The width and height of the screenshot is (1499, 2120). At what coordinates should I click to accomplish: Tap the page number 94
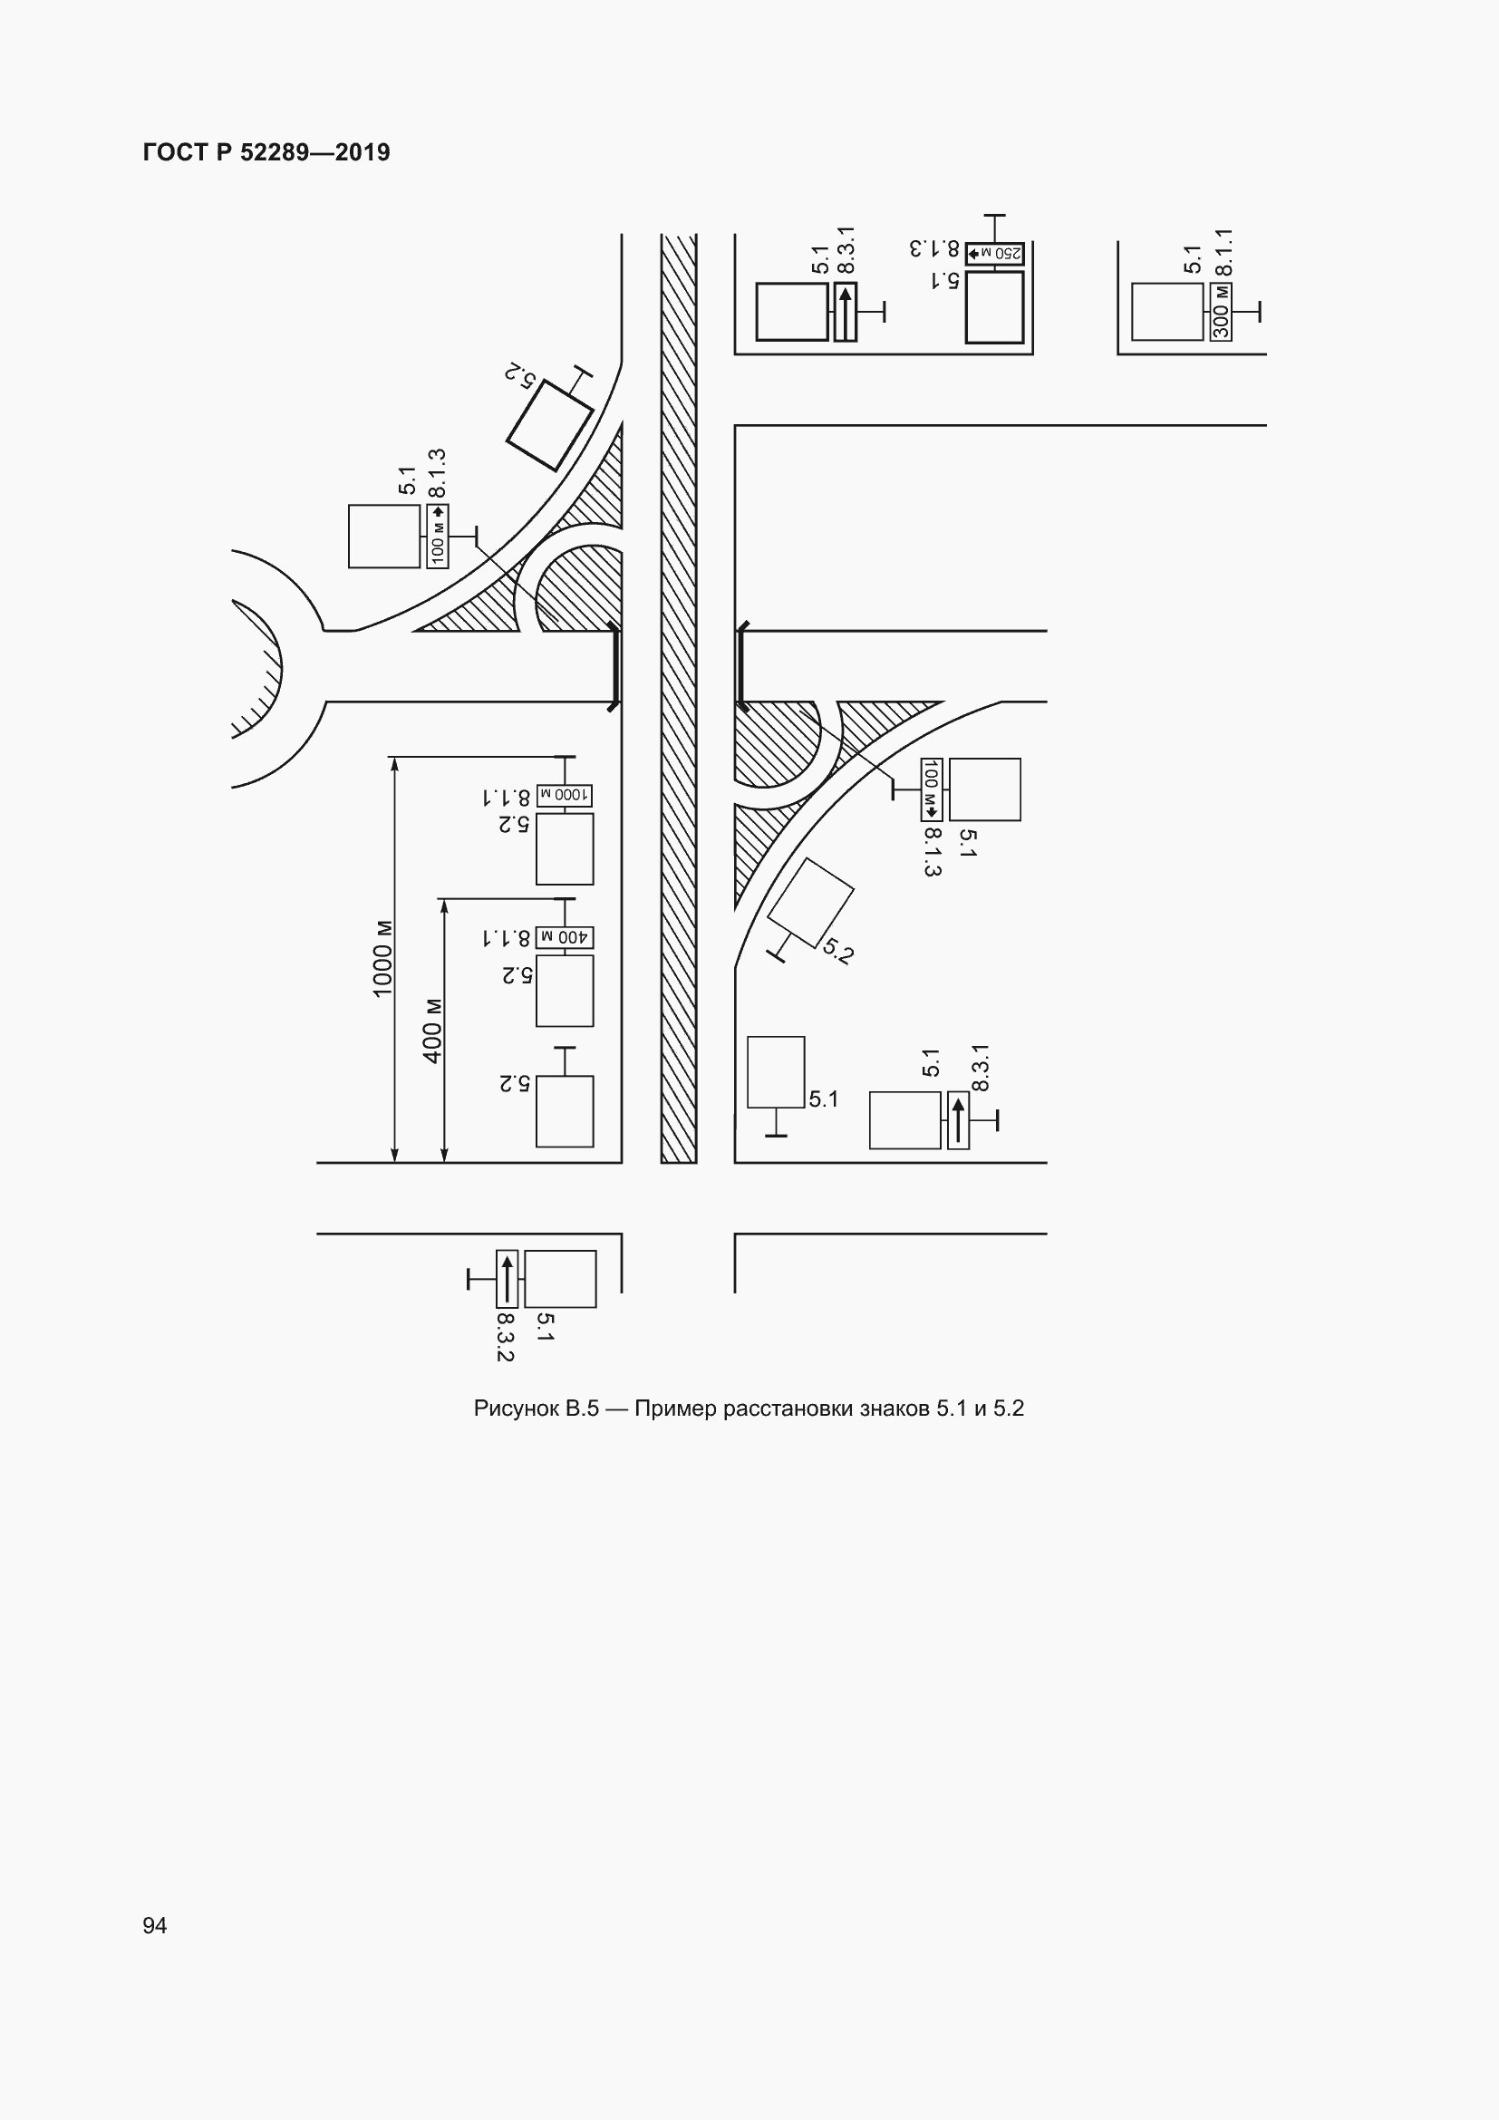point(155,1925)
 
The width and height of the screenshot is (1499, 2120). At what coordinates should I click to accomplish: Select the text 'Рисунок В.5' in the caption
point(537,1408)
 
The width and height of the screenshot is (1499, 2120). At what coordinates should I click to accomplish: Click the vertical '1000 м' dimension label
point(382,958)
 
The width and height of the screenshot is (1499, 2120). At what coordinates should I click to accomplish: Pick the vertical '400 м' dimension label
point(432,1031)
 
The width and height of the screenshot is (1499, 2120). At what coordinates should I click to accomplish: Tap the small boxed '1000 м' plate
point(565,795)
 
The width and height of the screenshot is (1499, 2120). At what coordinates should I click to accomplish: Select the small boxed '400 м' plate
point(565,937)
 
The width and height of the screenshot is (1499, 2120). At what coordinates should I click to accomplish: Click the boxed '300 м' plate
point(1220,312)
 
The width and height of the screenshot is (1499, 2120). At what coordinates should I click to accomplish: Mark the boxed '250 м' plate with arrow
point(995,253)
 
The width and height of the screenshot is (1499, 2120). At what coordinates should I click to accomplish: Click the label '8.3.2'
point(505,1337)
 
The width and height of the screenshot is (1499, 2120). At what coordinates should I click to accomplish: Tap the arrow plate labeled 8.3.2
point(507,1279)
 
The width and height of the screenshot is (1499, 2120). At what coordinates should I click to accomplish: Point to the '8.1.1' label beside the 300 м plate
point(1223,252)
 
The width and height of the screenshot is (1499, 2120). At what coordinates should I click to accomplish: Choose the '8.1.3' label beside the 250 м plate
point(935,249)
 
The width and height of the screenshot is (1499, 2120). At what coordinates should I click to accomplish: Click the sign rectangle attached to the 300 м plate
point(1167,312)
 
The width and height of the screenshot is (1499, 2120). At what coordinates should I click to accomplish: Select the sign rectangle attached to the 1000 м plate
point(565,848)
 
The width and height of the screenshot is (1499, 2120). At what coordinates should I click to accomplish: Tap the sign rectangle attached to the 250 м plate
point(995,306)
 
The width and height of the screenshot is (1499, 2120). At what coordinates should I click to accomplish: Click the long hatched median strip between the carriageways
point(679,698)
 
